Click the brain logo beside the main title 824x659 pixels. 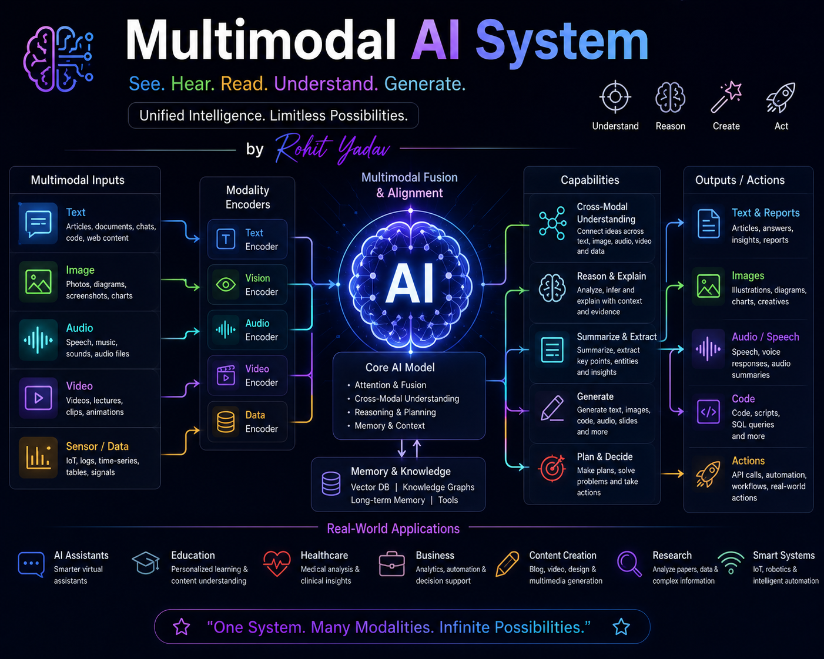(59, 59)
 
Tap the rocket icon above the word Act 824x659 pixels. (781, 98)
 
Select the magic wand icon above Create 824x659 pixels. (726, 97)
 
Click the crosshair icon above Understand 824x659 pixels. (615, 97)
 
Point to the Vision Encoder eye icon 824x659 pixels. (226, 285)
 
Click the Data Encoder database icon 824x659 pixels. (226, 422)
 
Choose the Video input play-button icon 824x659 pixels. (38, 398)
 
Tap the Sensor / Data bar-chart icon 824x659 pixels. (38, 458)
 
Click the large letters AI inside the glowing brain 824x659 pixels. (410, 284)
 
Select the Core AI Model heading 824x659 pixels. (400, 368)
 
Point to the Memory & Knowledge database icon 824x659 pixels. (331, 484)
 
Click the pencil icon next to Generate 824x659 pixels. (552, 408)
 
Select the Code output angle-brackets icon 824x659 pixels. (708, 412)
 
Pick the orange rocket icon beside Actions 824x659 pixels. (708, 475)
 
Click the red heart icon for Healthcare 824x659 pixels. (277, 563)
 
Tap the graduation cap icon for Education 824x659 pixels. (146, 563)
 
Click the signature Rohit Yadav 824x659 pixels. (332, 149)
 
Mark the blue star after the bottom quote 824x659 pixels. (621, 627)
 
